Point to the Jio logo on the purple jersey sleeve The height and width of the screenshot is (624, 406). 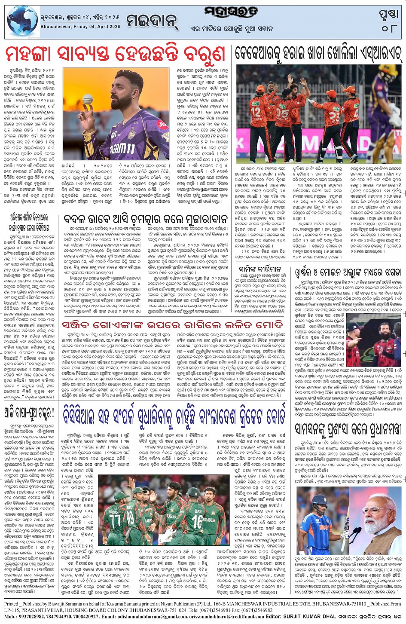pos(162,125)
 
